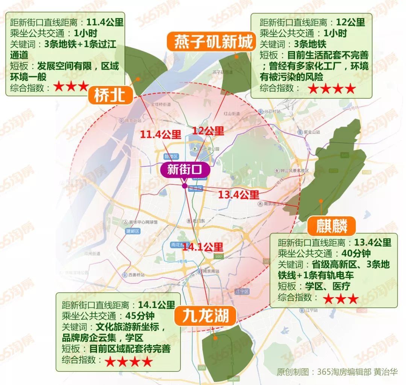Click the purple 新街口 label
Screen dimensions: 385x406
pos(185,170)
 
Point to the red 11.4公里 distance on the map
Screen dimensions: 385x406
pos(161,134)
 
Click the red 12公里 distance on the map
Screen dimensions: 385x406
pos(208,131)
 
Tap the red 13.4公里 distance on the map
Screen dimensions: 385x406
pos(239,195)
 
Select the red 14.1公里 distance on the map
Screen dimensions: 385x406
pos(203,247)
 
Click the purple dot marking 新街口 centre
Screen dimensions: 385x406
pos(184,186)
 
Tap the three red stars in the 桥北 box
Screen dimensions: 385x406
pos(71,87)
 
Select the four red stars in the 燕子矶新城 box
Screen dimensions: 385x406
pos(331,89)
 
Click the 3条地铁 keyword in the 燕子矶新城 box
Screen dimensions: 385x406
pos(304,44)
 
